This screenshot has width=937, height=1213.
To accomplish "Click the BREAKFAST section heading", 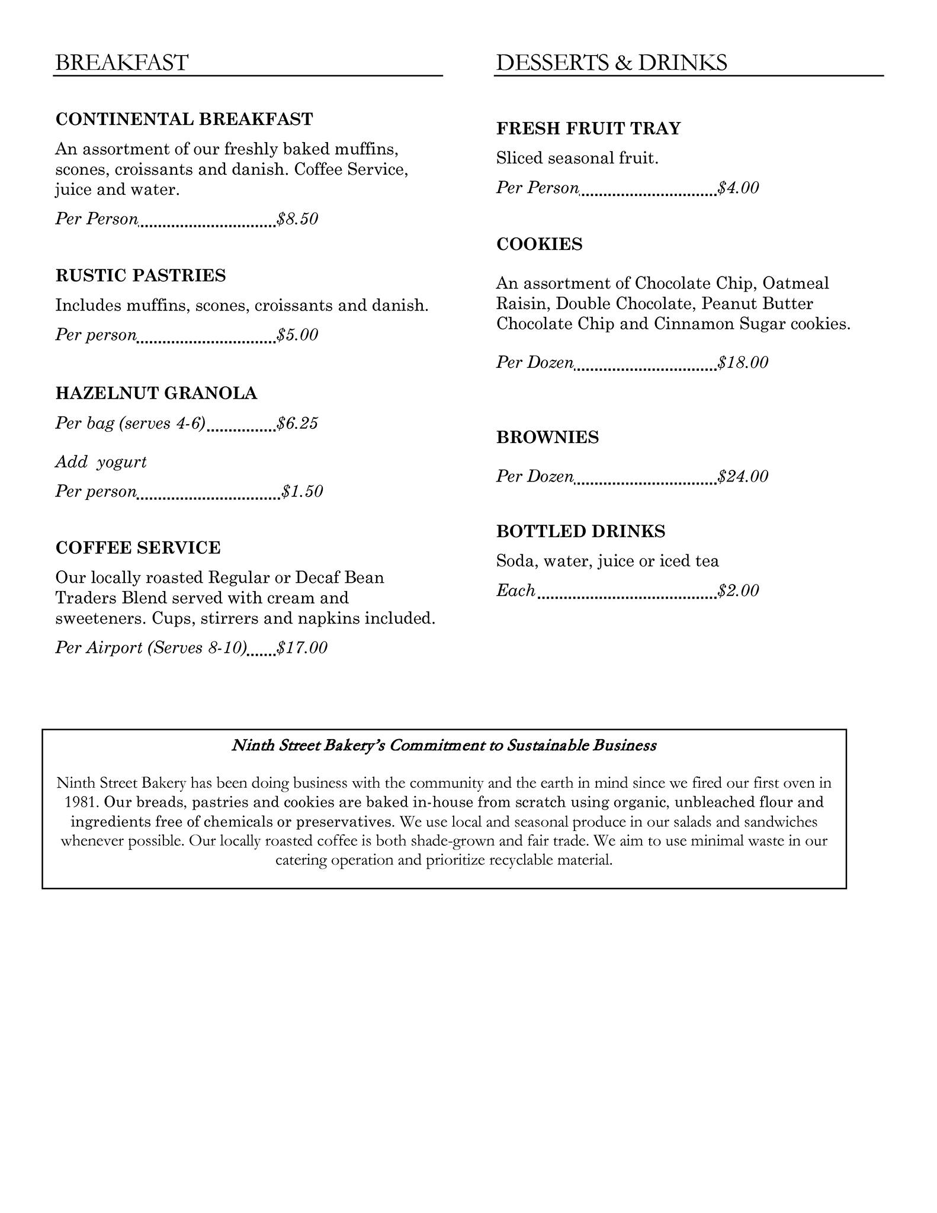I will point(121,63).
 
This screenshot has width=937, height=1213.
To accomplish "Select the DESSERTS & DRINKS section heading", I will point(611,63).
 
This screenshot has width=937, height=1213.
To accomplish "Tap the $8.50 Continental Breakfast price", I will point(298,219).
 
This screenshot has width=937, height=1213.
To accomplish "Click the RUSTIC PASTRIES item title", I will point(140,275).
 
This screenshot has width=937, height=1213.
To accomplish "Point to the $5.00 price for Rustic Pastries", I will point(298,335).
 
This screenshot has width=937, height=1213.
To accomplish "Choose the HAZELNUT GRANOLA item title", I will point(156,393).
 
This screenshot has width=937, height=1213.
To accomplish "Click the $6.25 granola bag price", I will point(298,423).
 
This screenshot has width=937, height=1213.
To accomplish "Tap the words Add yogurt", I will point(101,462).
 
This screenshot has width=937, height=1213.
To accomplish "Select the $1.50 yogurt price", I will point(303,492).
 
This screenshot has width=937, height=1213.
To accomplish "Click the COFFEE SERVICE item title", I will point(138,548).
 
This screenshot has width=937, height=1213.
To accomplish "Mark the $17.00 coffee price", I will point(303,648).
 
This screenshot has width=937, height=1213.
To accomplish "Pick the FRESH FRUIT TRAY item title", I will point(589,129).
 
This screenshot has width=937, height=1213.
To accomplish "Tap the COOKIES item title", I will point(540,244).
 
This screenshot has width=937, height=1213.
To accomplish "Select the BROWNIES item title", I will point(548,438).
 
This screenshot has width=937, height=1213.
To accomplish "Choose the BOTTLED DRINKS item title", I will point(581,531).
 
